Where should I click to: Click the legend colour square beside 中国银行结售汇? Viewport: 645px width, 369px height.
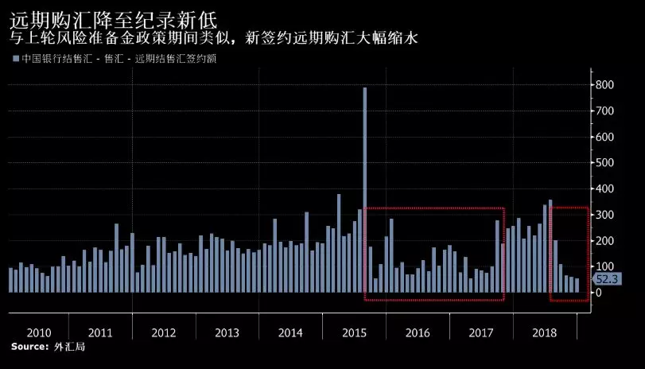[x=15, y=58]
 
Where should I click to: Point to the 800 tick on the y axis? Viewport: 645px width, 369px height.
[x=606, y=85]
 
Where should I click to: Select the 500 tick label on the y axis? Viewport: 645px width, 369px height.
[x=606, y=162]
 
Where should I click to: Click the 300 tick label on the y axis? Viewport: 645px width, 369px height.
[x=606, y=215]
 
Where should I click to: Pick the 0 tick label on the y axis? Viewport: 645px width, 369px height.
[x=600, y=292]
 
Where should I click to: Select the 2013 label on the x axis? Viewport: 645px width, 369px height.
[x=227, y=332]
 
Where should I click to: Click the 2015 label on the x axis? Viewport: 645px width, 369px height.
[x=354, y=332]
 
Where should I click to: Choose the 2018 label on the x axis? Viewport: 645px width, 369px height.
[x=545, y=332]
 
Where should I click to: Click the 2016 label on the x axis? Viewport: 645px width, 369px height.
[x=418, y=332]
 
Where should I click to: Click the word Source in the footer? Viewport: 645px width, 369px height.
[x=29, y=347]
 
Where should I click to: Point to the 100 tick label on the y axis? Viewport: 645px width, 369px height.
[x=606, y=266]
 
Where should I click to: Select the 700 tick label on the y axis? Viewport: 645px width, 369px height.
[x=606, y=111]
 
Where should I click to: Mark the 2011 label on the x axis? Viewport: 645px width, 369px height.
[x=100, y=332]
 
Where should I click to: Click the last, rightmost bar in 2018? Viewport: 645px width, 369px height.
[x=577, y=285]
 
